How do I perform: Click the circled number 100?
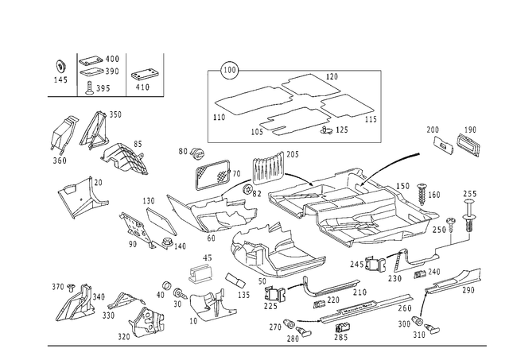tap(230, 70)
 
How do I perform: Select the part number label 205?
tap(292, 155)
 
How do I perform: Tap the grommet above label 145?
tap(60, 67)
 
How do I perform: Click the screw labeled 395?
tap(89, 88)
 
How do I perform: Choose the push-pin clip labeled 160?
tap(422, 194)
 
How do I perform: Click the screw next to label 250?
tap(451, 224)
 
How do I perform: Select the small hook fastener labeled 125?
tap(326, 130)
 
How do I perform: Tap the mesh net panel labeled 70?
tap(213, 174)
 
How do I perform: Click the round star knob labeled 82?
tap(247, 189)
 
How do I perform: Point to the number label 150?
tap(402, 187)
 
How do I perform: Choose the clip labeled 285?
tap(342, 327)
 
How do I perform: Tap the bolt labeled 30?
tap(180, 293)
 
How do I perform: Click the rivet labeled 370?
tap(71, 288)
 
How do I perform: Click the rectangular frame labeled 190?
tap(468, 145)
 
